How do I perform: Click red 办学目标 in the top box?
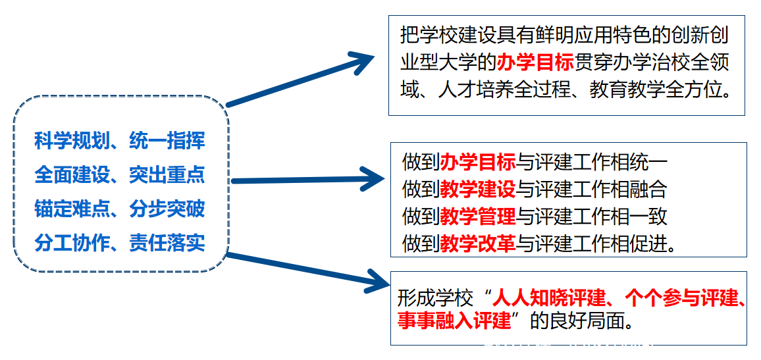tap(537, 64)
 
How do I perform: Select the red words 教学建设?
tap(478, 190)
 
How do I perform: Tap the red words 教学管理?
tap(478, 217)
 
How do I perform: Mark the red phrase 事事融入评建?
tap(454, 322)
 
